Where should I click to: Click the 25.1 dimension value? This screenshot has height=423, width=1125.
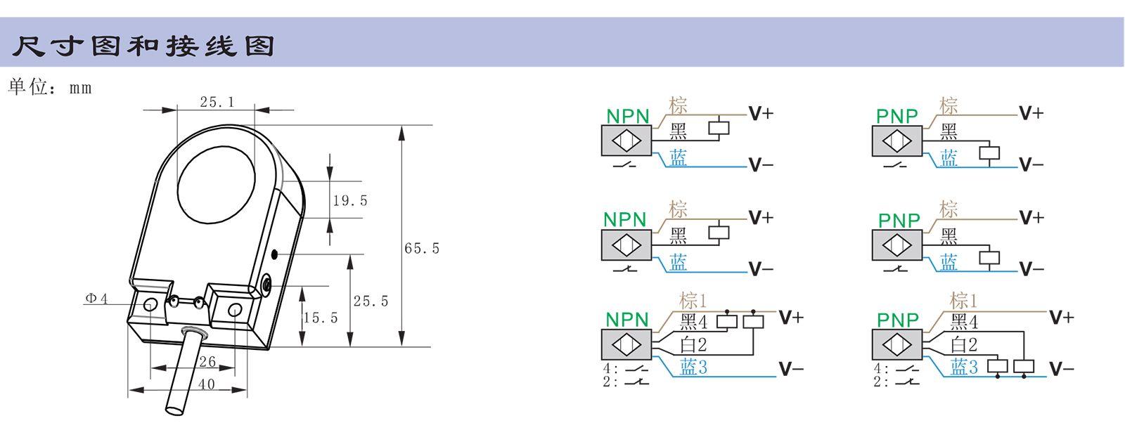[217, 102]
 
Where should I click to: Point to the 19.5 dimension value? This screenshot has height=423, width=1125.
[350, 201]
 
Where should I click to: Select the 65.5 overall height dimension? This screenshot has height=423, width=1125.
[422, 248]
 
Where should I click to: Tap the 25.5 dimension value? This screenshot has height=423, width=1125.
[371, 301]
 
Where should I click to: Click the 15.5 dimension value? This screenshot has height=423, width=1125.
[321, 318]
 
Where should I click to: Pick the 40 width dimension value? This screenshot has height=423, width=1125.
[207, 384]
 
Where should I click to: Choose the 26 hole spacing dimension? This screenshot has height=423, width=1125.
[207, 362]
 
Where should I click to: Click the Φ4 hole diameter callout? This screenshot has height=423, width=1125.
[96, 299]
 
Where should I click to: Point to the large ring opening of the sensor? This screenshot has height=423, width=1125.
[216, 185]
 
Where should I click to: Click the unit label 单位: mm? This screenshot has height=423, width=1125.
[49, 87]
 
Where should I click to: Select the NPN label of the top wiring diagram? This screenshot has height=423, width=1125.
[628, 116]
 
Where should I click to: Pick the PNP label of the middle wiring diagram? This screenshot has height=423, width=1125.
[899, 220]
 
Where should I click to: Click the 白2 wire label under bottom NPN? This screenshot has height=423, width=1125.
[693, 344]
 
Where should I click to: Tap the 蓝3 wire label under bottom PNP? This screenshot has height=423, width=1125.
[964, 367]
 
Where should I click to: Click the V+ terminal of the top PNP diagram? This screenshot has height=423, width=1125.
[1031, 113]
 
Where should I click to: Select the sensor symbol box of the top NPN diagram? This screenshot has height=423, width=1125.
[626, 141]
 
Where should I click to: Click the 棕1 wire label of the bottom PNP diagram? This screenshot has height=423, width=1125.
[964, 301]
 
